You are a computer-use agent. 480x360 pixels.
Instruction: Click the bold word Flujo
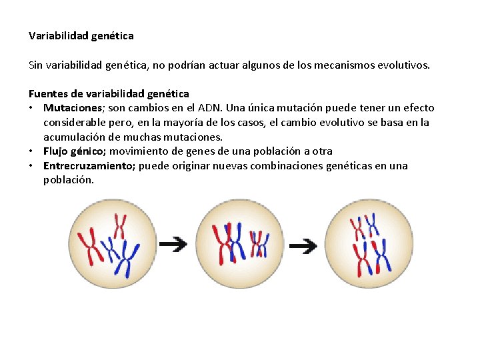57,151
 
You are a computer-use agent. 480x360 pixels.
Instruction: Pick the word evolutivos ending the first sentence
405,65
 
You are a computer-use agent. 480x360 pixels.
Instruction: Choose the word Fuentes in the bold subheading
48,93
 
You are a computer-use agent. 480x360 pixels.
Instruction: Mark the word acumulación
75,137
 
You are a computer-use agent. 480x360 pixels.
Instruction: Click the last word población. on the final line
69,180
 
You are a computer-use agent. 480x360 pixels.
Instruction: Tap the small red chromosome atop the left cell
120,225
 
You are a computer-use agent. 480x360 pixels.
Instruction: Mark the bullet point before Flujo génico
32,151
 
